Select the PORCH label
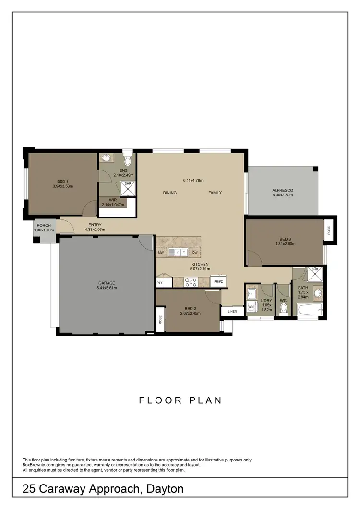43,226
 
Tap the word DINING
169,193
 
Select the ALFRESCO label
283,190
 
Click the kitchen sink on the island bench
180,251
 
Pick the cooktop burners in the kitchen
191,282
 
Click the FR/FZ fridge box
218,282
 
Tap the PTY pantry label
160,283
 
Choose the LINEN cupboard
232,312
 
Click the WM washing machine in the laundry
251,306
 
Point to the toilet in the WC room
283,311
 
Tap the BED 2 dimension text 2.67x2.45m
190,313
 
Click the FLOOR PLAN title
180,400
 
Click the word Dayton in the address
163,489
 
